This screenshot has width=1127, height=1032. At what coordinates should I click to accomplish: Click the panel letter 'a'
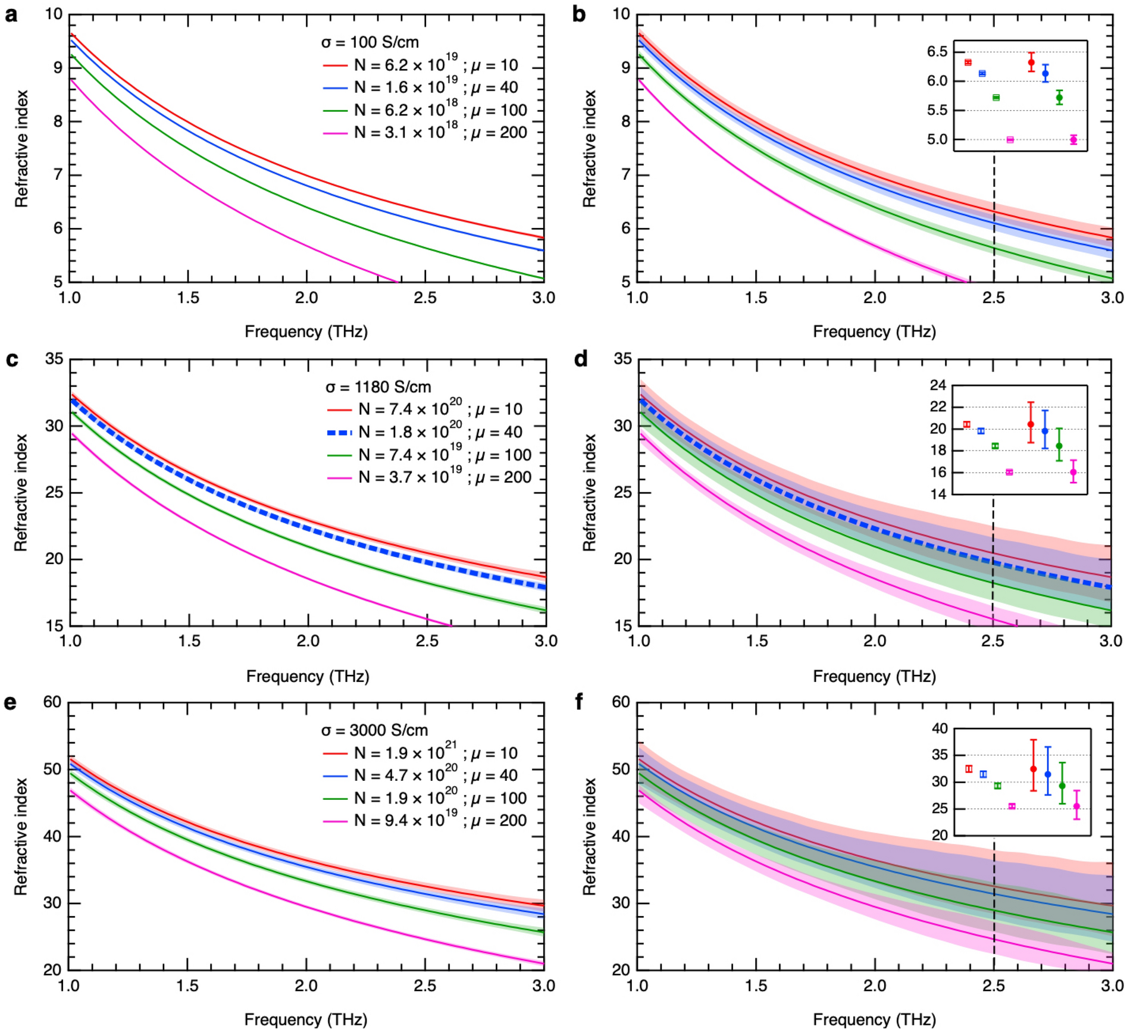pyautogui.click(x=11, y=15)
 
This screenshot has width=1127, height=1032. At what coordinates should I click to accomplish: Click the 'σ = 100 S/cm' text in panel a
pyautogui.click(x=370, y=43)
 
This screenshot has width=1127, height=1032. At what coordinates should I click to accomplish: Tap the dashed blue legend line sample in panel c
pyautogui.click(x=339, y=433)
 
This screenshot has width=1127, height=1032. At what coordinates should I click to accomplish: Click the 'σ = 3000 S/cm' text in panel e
pyautogui.click(x=374, y=730)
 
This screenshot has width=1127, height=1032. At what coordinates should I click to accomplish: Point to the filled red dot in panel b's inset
pyautogui.click(x=1031, y=62)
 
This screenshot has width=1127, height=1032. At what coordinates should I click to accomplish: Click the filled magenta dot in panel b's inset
pyautogui.click(x=1073, y=140)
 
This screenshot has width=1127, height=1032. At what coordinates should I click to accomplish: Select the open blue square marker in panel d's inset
pyautogui.click(x=981, y=431)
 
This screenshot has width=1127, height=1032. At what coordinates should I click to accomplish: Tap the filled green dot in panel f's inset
pyautogui.click(x=1062, y=786)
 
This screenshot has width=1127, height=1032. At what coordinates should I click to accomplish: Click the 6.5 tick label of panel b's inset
pyautogui.click(x=937, y=52)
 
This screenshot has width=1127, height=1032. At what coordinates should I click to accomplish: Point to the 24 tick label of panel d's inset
pyautogui.click(x=938, y=386)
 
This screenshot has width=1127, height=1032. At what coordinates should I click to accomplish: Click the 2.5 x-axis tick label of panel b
pyautogui.click(x=993, y=298)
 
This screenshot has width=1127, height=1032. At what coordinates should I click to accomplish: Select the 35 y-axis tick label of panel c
pyautogui.click(x=54, y=359)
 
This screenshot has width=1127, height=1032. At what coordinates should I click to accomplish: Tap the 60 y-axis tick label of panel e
pyautogui.click(x=52, y=702)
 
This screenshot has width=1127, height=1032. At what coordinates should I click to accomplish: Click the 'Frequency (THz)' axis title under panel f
pyautogui.click(x=874, y=1019)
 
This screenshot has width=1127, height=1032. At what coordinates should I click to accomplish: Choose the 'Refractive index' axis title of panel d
pyautogui.click(x=589, y=492)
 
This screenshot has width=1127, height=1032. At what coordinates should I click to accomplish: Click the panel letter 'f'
pyautogui.click(x=580, y=703)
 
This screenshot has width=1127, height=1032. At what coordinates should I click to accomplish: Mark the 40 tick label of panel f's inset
pyautogui.click(x=940, y=728)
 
